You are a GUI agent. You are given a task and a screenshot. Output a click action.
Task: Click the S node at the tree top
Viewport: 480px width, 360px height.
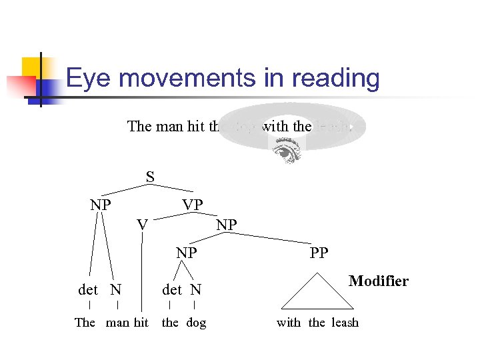pyautogui.click(x=151, y=177)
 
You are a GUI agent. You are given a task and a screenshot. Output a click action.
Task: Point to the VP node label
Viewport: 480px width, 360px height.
pyautogui.click(x=193, y=205)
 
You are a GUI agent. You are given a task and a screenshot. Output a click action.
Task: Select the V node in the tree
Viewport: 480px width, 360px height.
pyautogui.click(x=142, y=225)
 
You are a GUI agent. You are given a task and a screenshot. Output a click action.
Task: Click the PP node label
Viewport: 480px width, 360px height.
pyautogui.click(x=319, y=253)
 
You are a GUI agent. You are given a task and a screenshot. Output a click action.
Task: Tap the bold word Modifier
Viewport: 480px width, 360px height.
pyautogui.click(x=378, y=281)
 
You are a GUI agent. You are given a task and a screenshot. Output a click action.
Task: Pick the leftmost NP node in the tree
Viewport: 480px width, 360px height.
pyautogui.click(x=101, y=205)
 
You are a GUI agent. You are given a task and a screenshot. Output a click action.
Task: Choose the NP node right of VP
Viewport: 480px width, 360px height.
pyautogui.click(x=227, y=225)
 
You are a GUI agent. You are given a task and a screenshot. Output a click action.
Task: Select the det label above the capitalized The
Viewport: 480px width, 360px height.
pyautogui.click(x=88, y=289)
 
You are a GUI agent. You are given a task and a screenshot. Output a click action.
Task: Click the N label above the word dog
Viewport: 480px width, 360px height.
pyautogui.click(x=195, y=289)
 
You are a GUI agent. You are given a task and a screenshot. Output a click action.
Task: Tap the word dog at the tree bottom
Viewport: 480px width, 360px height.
pyautogui.click(x=196, y=323)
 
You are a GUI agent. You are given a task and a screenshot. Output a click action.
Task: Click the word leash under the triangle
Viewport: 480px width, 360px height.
pyautogui.click(x=345, y=323)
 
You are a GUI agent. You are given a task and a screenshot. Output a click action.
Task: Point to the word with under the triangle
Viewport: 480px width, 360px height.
pyautogui.click(x=289, y=323)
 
